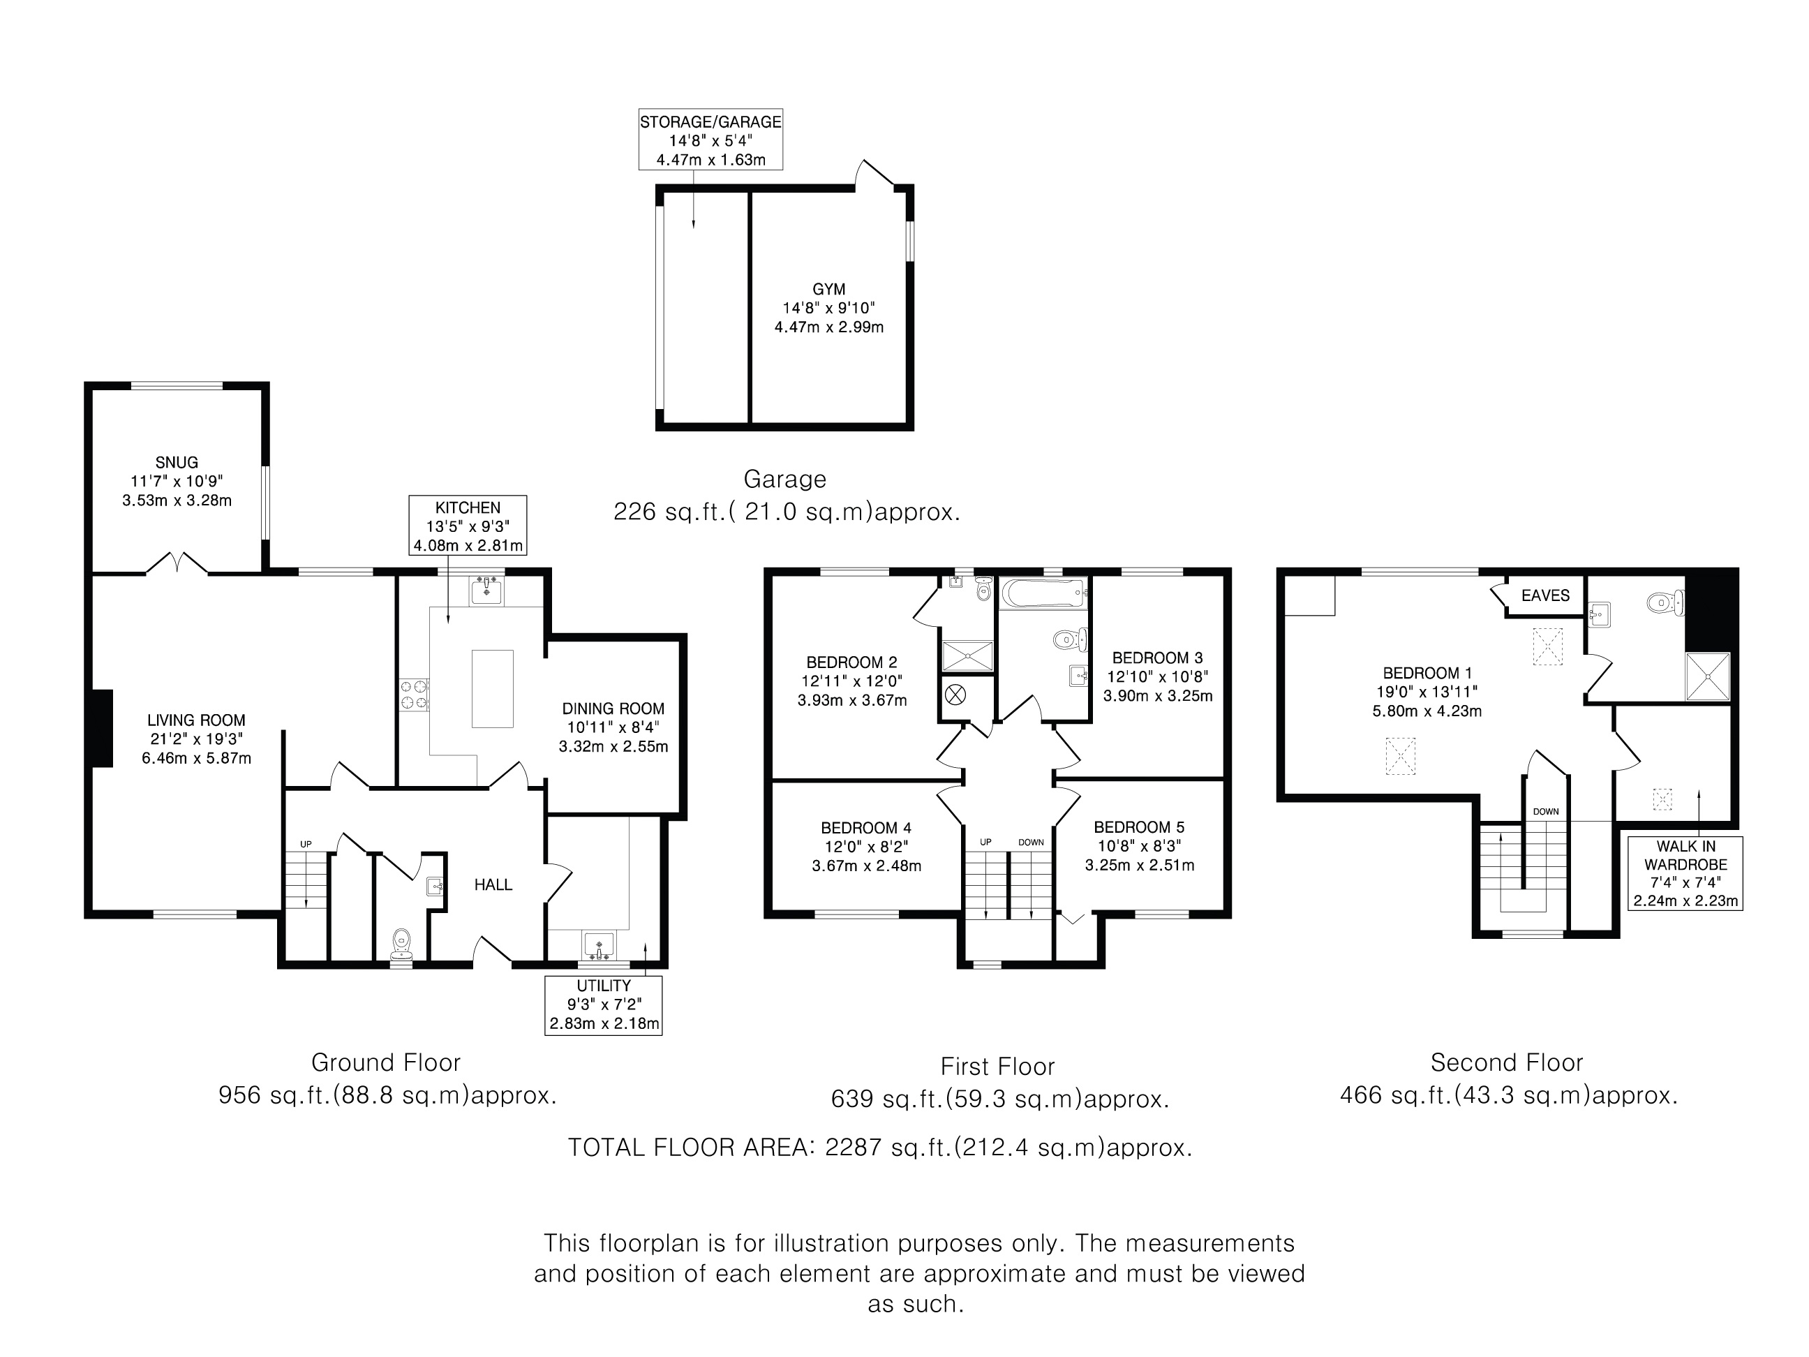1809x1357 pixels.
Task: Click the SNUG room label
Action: pos(177,462)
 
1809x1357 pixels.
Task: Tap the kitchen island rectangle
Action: pos(492,689)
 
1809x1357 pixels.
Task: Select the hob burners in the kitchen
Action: pos(413,695)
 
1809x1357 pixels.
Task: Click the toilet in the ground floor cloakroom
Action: pos(401,944)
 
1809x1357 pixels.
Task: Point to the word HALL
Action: pos(493,884)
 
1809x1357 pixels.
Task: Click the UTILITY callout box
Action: pos(604,1005)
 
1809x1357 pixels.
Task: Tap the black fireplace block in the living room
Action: pos(100,728)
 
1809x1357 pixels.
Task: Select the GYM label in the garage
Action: pos(829,290)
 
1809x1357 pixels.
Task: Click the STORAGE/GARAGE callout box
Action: pos(710,140)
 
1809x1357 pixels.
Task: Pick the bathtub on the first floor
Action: pos(1044,592)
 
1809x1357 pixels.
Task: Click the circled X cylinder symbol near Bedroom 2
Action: pos(955,695)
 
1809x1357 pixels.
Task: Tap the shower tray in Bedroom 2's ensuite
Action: pos(967,656)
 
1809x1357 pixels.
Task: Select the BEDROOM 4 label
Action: pos(866,828)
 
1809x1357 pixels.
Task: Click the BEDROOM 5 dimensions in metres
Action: pos(1139,866)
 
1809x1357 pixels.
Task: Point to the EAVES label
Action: pos(1546,595)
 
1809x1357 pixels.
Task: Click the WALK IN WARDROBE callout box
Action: pos(1685,873)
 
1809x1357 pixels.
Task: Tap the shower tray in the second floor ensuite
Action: pos(1708,676)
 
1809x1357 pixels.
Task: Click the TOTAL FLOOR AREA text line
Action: pos(880,1148)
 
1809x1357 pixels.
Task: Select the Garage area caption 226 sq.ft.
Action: pos(787,512)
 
